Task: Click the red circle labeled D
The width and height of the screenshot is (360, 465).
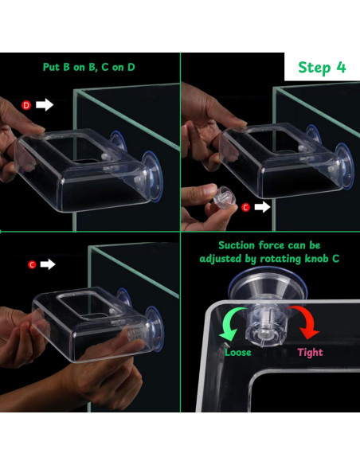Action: point(26,105)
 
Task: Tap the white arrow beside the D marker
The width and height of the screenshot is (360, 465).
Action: point(45,104)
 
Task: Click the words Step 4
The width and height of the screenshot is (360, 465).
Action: point(322,68)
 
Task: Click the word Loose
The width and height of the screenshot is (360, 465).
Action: point(238,352)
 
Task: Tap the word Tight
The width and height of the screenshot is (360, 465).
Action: point(310,353)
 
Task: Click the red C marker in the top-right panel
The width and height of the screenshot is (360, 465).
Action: point(245,207)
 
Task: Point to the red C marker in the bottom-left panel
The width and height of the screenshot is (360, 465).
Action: point(32,264)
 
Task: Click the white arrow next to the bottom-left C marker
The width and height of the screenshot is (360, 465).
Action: point(48,264)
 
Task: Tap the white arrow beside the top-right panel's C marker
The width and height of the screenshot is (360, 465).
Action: point(262,207)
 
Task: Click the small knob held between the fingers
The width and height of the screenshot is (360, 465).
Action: point(224,197)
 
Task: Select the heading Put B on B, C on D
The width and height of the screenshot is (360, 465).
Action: point(89,67)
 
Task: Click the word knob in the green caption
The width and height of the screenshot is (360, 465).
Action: point(317,259)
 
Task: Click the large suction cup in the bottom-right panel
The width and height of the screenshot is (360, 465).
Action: point(267,286)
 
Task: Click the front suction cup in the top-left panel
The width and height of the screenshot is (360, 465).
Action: point(152,177)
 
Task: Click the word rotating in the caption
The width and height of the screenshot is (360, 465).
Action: point(280,260)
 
